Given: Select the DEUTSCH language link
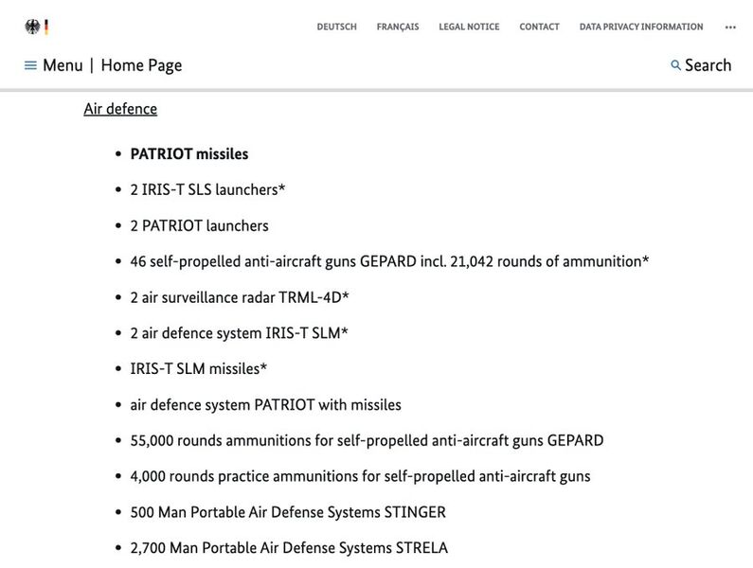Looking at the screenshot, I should [x=336, y=27].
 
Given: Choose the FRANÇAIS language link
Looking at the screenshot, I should [x=398, y=27].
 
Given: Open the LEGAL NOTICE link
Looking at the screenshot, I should [x=469, y=27].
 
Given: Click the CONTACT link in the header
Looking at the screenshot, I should [x=539, y=27].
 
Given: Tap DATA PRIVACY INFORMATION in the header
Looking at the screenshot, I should [x=641, y=27].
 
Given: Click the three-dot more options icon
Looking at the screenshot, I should [x=730, y=27].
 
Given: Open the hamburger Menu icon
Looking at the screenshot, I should [x=30, y=65].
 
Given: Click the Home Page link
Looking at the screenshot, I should [x=141, y=65].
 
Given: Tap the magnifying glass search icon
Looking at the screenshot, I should [x=675, y=65].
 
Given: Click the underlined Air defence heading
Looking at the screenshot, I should [x=120, y=109].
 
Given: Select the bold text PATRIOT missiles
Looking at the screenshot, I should [x=188, y=153].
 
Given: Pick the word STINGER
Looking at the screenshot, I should [x=414, y=512].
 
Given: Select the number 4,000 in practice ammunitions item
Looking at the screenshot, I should [x=149, y=476].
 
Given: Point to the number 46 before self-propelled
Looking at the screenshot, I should [x=138, y=261].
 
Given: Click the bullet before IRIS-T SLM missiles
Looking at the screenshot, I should [x=117, y=369].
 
